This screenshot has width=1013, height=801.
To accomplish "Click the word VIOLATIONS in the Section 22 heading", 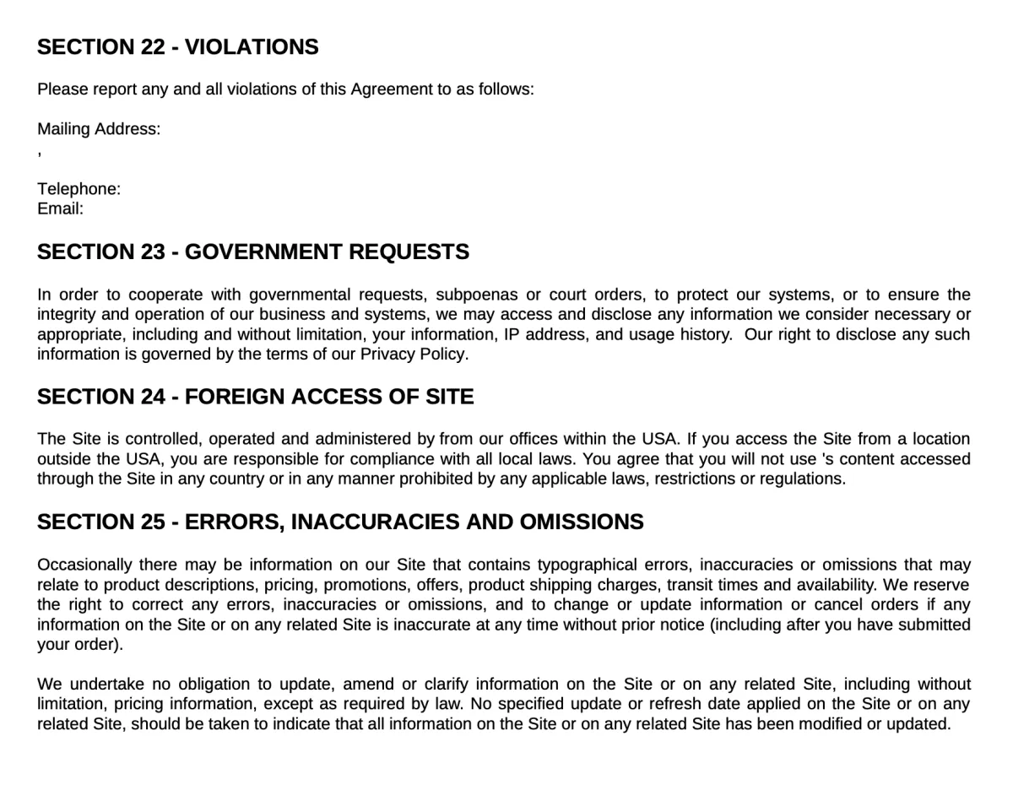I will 252,47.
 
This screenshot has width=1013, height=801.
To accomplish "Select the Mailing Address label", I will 99,129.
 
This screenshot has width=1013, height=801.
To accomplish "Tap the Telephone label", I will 79,189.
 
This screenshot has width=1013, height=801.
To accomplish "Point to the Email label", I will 60,208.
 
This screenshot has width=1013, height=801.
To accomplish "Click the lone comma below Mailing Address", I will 40,154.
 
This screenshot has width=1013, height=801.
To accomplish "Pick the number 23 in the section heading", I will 153,252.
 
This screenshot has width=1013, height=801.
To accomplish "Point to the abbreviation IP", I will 512,334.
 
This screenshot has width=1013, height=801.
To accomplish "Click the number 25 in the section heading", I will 153,522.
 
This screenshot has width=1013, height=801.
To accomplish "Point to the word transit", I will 690,585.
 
